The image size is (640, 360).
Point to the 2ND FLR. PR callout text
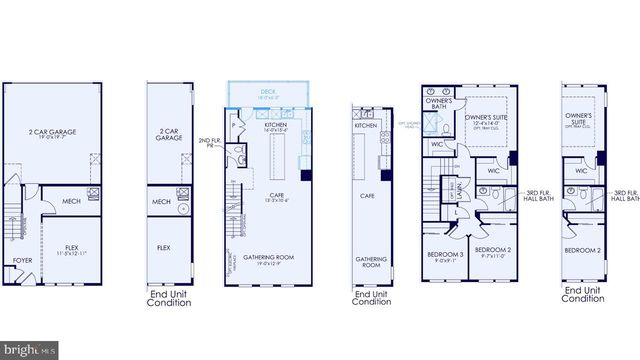click(x=209, y=143)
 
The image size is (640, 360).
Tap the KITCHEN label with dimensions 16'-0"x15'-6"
click(x=275, y=126)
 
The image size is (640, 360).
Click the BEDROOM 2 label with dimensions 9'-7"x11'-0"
click(x=493, y=252)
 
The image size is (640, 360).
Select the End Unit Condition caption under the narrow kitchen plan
click(x=371, y=299)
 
